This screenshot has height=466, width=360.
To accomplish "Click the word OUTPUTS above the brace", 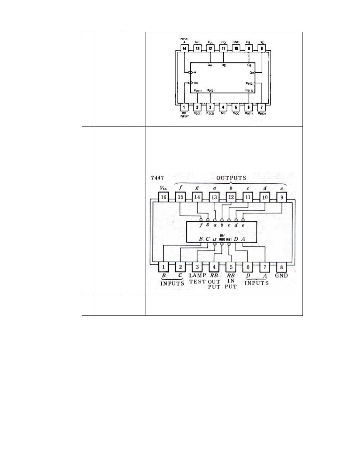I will [231, 178].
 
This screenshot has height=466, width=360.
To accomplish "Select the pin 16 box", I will [164, 197].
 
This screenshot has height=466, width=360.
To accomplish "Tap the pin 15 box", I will [180, 197].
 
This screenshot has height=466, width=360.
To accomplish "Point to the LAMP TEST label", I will [197, 278].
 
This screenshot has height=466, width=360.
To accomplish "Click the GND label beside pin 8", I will [281, 276].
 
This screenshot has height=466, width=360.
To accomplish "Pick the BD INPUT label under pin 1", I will [184, 114].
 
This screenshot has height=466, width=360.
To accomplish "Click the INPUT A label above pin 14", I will [184, 40].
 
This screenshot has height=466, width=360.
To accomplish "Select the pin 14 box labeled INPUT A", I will [184, 48].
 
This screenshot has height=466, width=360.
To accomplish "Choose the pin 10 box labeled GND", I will [236, 48].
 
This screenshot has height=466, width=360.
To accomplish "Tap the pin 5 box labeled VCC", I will [236, 107].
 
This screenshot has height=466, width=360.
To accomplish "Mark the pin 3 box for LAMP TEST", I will [197, 267].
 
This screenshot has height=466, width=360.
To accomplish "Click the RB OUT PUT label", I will [214, 281].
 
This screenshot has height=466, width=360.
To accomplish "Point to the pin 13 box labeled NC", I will [197, 48].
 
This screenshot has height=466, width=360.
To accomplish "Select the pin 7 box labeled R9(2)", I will [262, 107].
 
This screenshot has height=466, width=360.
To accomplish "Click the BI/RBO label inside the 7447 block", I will [222, 238].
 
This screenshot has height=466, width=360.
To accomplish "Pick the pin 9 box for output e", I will [282, 197].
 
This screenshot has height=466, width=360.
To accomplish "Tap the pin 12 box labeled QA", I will [210, 48].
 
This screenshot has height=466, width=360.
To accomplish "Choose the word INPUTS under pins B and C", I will [172, 283].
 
